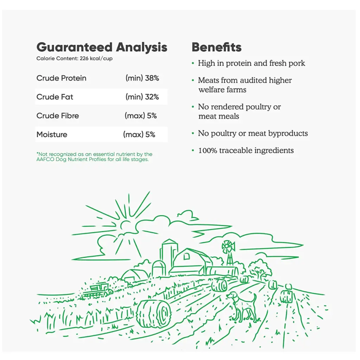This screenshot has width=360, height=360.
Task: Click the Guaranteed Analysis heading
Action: pos(102,47)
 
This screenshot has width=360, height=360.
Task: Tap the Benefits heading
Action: pos(217,47)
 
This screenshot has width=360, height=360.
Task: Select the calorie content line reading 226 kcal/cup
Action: pos(75,59)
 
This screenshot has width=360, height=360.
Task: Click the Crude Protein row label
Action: pos(61,78)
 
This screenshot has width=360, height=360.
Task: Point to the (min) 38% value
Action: pos(142,78)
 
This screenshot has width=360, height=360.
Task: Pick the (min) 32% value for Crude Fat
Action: pos(142,97)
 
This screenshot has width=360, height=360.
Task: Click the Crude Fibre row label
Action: pos(58,115)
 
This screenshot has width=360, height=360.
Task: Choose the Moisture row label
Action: pos(52,134)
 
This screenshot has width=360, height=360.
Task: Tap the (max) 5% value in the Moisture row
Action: pos(139,135)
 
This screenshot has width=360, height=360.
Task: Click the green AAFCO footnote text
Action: pos(94,157)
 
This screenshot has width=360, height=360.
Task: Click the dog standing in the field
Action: pos(242,307)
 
